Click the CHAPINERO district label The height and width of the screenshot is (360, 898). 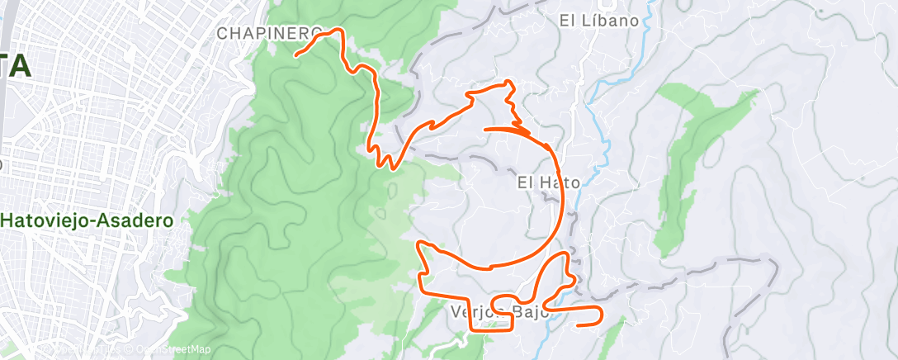coord(269,33)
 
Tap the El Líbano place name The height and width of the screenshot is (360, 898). coord(598,21)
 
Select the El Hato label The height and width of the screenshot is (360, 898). coord(549,182)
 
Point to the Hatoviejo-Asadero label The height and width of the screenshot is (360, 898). coord(87,221)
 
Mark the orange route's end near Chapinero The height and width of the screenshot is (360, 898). coord(296,55)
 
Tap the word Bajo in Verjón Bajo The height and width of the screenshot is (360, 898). coord(527,312)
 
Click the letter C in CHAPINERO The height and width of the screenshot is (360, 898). coord(222,33)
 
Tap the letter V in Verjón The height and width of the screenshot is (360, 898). coord(456,312)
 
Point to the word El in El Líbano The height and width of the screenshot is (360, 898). coord(566,21)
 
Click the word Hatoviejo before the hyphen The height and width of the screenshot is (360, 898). coord(45,221)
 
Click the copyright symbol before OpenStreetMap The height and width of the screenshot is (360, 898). coord(130,350)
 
